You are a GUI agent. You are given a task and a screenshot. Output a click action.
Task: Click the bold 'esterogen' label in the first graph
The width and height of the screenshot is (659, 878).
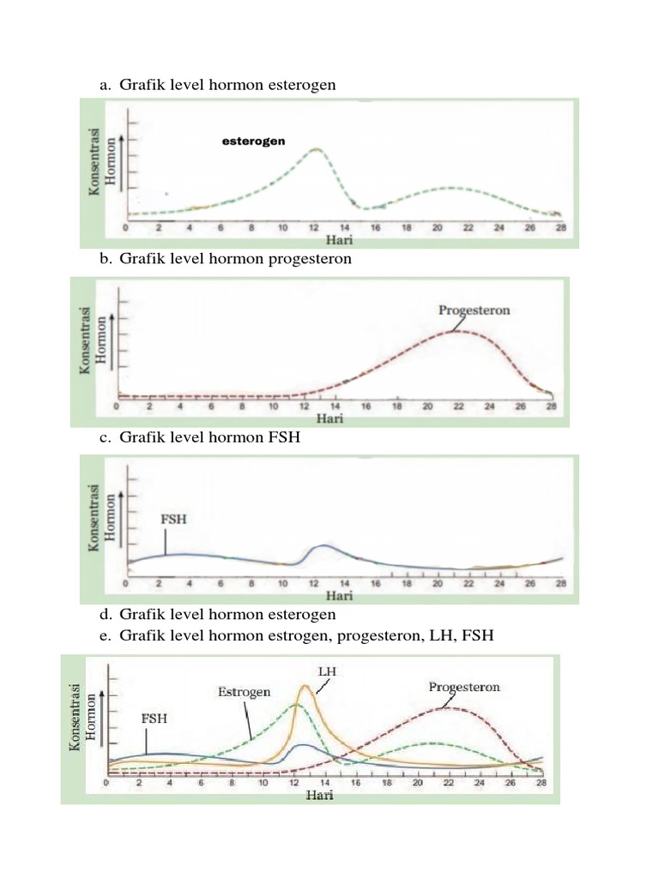click(253, 141)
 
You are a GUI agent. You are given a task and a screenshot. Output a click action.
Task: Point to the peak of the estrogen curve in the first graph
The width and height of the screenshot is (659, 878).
click(315, 149)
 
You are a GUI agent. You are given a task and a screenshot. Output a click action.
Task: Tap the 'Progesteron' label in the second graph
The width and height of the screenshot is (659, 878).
click(474, 310)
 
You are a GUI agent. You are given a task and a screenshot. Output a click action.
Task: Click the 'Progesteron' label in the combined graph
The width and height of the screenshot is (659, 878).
click(464, 687)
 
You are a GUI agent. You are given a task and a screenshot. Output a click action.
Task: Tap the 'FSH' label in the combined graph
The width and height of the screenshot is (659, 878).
click(154, 720)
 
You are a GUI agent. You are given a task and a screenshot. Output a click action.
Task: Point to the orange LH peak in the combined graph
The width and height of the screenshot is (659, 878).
click(305, 686)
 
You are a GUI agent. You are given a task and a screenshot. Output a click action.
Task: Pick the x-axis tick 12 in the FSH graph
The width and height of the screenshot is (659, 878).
click(313, 584)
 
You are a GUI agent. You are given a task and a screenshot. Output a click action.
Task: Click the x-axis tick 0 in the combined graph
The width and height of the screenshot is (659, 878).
click(106, 783)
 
